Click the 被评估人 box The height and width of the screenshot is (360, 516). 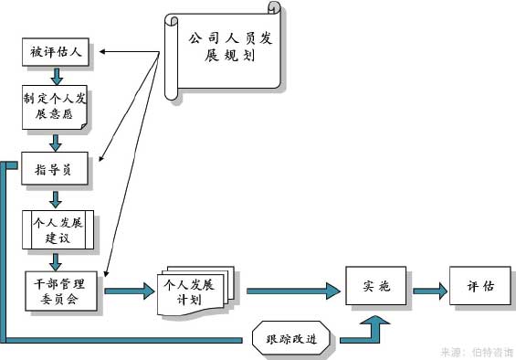54,52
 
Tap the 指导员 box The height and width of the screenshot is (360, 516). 54,169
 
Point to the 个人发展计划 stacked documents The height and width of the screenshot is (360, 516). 195,290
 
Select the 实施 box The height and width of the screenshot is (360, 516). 374,287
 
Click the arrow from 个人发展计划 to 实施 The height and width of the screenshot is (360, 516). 293,291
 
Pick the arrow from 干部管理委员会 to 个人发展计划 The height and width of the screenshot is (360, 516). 129,291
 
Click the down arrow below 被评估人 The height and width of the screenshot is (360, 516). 56,76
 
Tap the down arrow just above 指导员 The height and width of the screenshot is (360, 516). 56,142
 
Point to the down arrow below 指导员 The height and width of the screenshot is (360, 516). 56,198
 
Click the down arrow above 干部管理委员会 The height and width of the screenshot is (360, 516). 56,261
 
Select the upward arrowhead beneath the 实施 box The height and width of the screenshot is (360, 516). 374,322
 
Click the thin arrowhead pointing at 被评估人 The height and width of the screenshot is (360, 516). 104,51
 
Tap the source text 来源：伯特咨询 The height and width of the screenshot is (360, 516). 476,351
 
